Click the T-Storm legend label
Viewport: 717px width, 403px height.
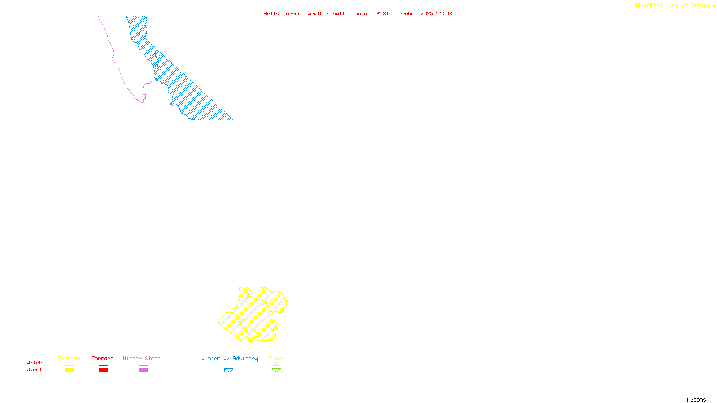pyautogui.click(x=69, y=358)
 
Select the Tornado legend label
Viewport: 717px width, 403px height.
pyautogui.click(x=103, y=358)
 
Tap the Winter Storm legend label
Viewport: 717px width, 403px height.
pyautogui.click(x=142, y=358)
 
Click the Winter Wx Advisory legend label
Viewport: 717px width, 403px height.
pyautogui.click(x=229, y=358)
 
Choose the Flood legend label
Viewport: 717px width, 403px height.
pyautogui.click(x=276, y=358)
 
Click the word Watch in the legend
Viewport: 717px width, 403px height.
pyautogui.click(x=35, y=363)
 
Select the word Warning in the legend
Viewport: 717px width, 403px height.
pyautogui.click(x=38, y=370)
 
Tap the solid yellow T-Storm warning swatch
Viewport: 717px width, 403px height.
pyautogui.click(x=69, y=370)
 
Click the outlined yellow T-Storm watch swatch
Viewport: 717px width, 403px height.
pyautogui.click(x=69, y=364)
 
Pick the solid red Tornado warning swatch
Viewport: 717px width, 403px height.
pyautogui.click(x=103, y=370)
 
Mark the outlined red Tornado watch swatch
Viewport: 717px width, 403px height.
pyautogui.click(x=103, y=364)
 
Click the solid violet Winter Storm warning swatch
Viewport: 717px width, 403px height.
pyautogui.click(x=143, y=370)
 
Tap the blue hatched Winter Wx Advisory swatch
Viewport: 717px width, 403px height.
pyautogui.click(x=229, y=370)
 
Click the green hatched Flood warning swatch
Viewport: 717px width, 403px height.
pyautogui.click(x=276, y=370)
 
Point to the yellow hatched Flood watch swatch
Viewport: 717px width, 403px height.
pyautogui.click(x=276, y=364)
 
